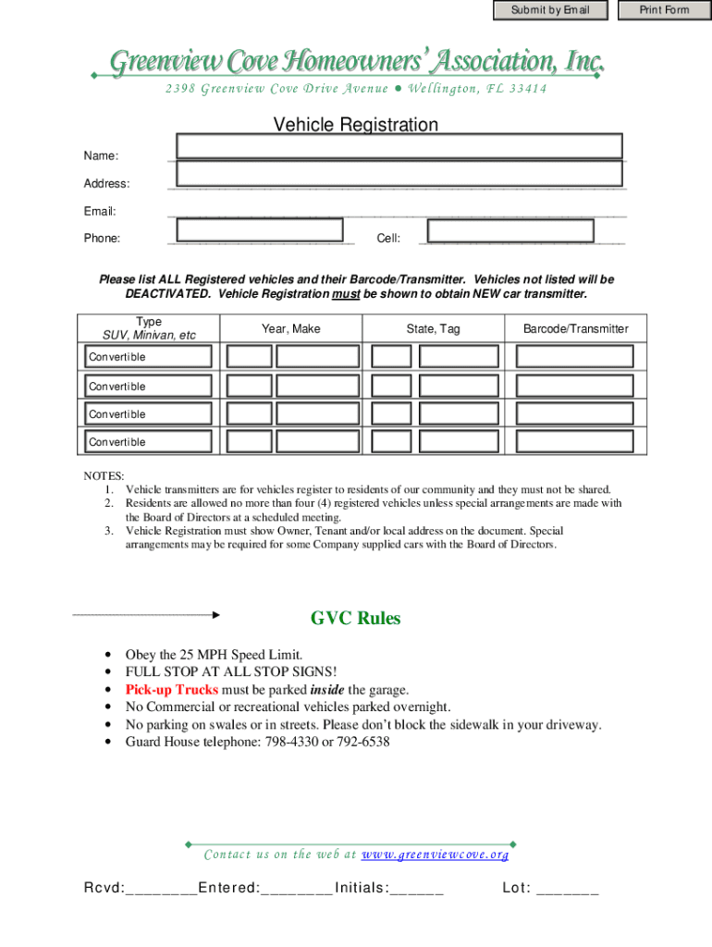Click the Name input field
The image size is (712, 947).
click(399, 146)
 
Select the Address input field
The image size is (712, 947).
click(399, 174)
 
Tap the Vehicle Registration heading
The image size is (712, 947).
click(355, 125)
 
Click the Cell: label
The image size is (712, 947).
click(388, 239)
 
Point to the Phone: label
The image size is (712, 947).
click(102, 239)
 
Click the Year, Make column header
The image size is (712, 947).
click(290, 329)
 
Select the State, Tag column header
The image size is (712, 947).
click(433, 329)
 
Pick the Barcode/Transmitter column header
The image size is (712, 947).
click(575, 329)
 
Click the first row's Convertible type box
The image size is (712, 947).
click(148, 357)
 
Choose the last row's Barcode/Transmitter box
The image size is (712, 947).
click(574, 441)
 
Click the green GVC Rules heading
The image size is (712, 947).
click(355, 619)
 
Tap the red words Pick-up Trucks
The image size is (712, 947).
click(172, 690)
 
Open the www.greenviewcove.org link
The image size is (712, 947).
click(435, 855)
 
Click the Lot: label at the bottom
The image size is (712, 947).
click(516, 889)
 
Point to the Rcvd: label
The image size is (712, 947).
click(104, 889)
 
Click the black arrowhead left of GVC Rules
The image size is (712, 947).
click(215, 614)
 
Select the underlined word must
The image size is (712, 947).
click(346, 294)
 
